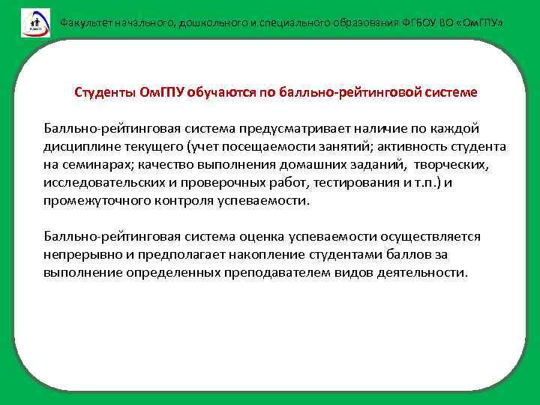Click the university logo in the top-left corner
[34, 22]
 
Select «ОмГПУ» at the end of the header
[475, 22]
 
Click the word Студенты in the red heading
[105, 92]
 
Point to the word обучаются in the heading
[223, 92]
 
